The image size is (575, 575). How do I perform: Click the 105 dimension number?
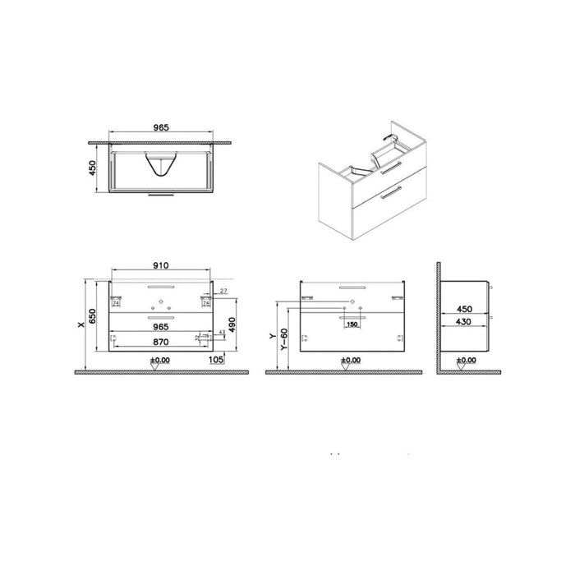(218, 358)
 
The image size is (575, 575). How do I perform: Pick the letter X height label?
(80, 324)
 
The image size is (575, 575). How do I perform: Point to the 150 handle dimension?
(352, 325)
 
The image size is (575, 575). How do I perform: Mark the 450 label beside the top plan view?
(92, 167)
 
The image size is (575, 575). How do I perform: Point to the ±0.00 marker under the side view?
(465, 360)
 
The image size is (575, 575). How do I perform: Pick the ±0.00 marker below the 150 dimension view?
(351, 360)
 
